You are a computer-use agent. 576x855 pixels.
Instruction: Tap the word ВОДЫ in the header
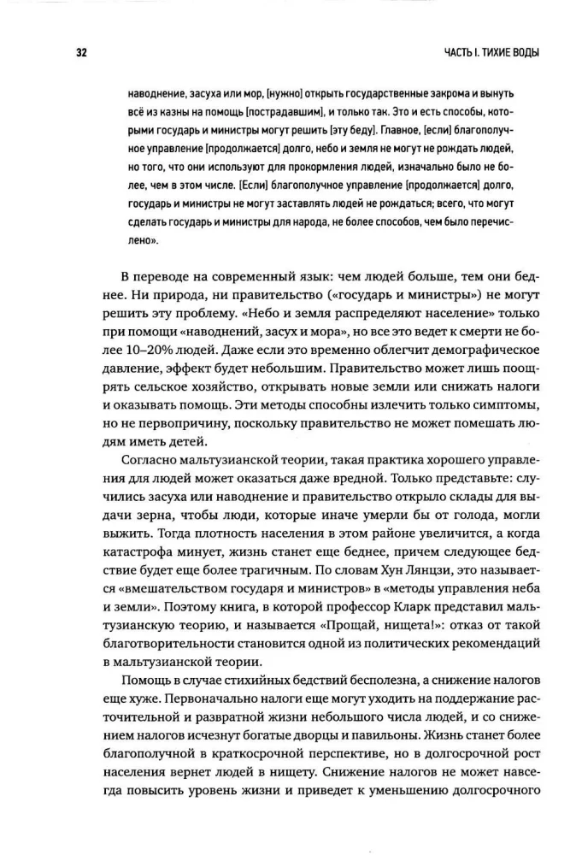click(523, 52)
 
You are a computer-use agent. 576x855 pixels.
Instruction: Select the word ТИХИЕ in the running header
click(485, 52)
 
